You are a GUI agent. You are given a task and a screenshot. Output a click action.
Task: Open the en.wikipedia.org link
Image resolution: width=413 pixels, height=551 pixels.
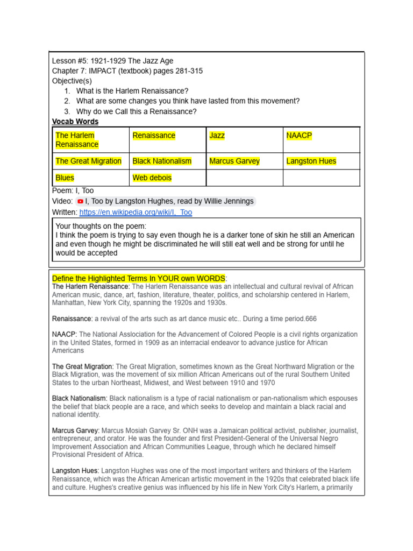tap(136, 213)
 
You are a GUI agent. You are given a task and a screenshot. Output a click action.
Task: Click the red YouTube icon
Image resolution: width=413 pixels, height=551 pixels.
tap(81, 201)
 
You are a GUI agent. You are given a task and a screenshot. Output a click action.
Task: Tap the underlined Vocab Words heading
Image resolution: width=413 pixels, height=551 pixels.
tap(75, 122)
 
